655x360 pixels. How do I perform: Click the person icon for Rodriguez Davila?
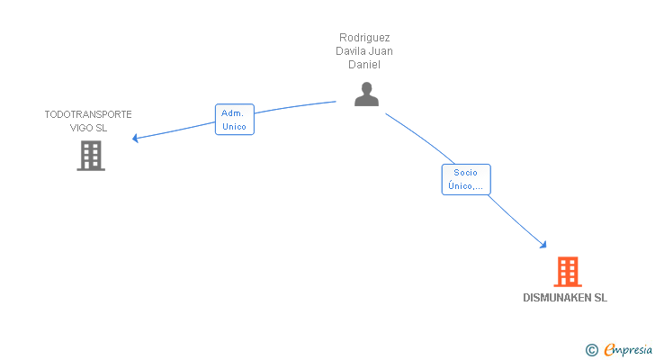coord(366,94)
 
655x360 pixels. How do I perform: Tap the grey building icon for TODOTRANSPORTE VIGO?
coord(91,156)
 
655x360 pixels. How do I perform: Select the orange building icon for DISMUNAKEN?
coord(567,272)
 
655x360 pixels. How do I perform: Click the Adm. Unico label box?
coord(235,120)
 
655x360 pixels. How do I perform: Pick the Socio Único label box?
coord(465,180)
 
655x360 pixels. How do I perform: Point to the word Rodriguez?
coord(365,38)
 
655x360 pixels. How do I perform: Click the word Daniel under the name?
coord(365,65)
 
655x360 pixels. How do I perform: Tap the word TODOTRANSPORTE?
coord(88,114)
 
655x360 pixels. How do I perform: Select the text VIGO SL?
coord(88,128)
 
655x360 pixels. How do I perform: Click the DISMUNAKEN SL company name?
coord(565,298)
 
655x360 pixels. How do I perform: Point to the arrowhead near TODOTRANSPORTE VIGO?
coord(135,139)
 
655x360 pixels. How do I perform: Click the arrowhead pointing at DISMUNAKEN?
coord(543,245)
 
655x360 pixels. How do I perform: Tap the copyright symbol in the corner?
coord(591,350)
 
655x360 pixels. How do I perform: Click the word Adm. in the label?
coord(234,113)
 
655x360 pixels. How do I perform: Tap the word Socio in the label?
coord(465,173)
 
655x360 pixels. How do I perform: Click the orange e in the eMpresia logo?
coord(609,350)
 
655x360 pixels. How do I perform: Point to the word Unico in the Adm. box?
coord(234,127)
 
